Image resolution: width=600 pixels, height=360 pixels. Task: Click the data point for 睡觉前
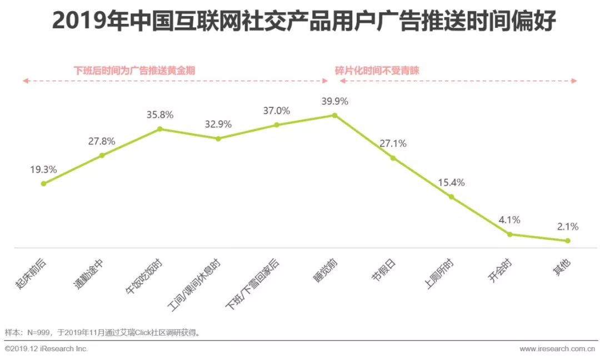334,115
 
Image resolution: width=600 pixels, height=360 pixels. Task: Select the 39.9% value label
334,101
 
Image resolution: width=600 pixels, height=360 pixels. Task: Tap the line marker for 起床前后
43,183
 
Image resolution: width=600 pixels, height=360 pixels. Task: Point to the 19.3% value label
43,169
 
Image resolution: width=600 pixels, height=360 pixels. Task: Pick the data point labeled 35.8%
160,129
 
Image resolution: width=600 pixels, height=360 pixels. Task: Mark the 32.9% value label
218,124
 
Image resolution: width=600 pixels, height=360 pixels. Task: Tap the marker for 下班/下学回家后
276,125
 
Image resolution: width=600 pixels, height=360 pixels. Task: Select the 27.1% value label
393,144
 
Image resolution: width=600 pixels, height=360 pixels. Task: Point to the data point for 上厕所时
451,197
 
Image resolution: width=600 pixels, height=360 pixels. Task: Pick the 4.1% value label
509,220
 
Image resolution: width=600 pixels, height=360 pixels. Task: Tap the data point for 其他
568,241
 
